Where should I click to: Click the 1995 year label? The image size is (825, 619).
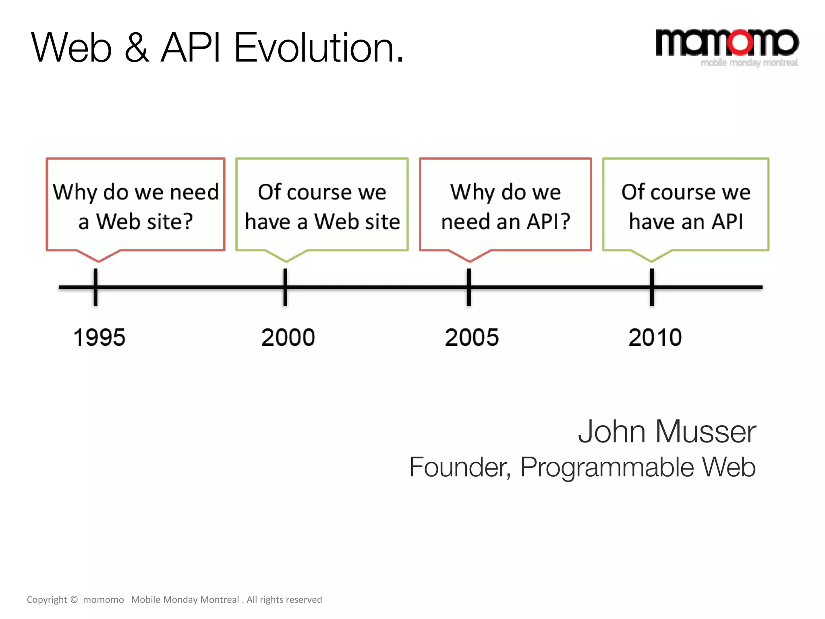99,337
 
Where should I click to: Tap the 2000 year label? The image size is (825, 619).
288,337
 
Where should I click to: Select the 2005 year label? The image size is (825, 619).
471,337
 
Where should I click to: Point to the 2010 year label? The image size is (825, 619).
655,337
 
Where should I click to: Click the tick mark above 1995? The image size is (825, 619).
95,287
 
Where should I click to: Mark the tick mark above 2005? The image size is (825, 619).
469,287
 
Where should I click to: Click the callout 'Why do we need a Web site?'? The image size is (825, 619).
135,206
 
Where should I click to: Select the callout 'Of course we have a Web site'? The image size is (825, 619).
322,206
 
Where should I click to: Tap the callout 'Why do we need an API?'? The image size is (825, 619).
505,206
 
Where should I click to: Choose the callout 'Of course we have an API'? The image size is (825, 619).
686,206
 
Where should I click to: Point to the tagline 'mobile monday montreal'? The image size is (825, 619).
749,63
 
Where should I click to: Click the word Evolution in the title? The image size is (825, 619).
318,48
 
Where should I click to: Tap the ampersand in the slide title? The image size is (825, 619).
137,48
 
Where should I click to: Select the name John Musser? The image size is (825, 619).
667,432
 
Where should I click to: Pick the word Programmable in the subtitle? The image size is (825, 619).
607,467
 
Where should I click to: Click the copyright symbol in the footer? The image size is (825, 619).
74,599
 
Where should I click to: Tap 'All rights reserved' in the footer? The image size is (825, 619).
284,600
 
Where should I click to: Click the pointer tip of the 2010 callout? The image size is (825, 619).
651,261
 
